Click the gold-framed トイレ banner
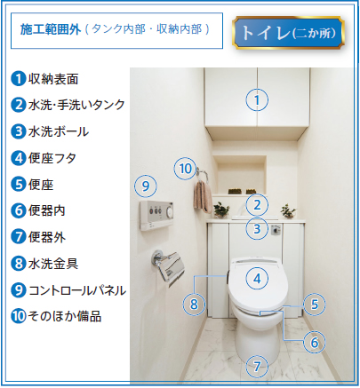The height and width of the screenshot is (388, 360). point(288,33)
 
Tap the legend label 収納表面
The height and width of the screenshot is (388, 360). point(53,79)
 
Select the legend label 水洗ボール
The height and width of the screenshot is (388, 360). point(59,131)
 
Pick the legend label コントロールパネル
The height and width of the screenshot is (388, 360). point(77,290)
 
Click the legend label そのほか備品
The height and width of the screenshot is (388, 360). point(65,316)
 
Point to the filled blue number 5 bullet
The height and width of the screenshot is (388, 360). point(19,184)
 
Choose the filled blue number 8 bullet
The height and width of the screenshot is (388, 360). point(19,264)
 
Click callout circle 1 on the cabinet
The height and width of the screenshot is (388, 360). point(257,99)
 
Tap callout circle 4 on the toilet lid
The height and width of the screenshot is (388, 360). point(257,279)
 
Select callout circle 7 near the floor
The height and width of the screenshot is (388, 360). point(257,367)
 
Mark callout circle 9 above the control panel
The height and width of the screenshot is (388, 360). point(146,186)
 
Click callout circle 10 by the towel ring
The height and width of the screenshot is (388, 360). point(186,169)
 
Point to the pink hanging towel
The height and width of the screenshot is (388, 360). point(203,197)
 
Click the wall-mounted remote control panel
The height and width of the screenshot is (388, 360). point(156,215)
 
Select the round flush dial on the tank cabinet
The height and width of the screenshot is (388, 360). point(276,230)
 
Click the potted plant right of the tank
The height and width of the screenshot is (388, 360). point(288,210)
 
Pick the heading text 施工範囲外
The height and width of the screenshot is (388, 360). point(51,29)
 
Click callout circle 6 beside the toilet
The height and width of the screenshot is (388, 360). point(315,343)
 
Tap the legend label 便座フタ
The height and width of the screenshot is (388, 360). point(52,158)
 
